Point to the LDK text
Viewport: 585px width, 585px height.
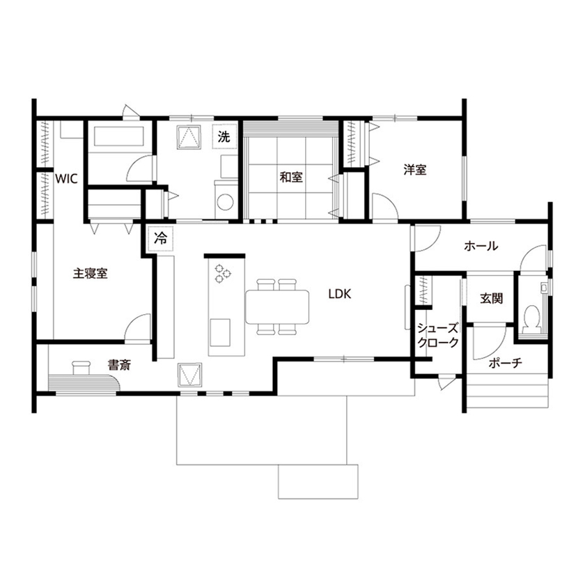click(340, 294)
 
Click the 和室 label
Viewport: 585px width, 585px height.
click(290, 177)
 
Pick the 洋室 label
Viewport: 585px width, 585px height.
click(414, 169)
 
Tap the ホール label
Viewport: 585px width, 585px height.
click(480, 246)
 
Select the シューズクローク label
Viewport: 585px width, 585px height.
click(437, 336)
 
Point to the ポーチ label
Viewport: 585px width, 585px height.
click(506, 364)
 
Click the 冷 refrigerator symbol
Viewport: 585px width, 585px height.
click(161, 238)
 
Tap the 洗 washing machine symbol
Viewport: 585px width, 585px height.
click(223, 137)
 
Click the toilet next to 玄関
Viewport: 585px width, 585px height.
click(533, 317)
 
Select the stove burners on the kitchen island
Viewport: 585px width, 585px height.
click(223, 273)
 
